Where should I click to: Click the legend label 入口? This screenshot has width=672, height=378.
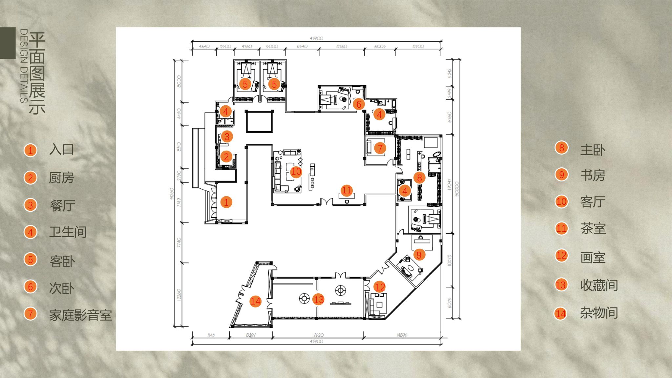(x=61, y=150)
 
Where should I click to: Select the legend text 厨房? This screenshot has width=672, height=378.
(x=61, y=178)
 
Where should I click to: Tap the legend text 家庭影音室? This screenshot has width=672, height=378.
(x=80, y=315)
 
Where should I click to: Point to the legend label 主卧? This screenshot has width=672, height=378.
(x=593, y=150)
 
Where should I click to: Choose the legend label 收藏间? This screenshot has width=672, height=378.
(x=599, y=285)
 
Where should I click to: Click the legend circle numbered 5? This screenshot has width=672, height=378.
(x=31, y=260)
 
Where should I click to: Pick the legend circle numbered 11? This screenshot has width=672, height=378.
(x=561, y=228)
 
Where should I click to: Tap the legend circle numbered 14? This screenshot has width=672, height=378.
(x=561, y=314)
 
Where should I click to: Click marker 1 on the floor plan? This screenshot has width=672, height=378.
(x=226, y=202)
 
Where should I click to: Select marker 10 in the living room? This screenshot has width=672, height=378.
(x=296, y=172)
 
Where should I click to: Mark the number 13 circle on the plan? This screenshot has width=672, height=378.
(x=318, y=299)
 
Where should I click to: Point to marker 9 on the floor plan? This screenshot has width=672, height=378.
(x=419, y=255)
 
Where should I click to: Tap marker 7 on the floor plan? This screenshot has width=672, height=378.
(x=380, y=148)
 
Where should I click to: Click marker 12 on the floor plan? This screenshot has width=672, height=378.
(x=380, y=287)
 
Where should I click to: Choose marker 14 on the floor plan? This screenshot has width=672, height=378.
(x=255, y=301)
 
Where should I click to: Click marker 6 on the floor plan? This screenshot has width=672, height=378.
(x=359, y=104)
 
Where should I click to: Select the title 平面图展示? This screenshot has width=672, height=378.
(x=37, y=73)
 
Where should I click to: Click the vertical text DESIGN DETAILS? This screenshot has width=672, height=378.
(x=24, y=66)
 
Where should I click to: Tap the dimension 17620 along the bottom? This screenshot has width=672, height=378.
(x=318, y=335)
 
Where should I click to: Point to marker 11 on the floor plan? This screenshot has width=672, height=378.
(x=346, y=190)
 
